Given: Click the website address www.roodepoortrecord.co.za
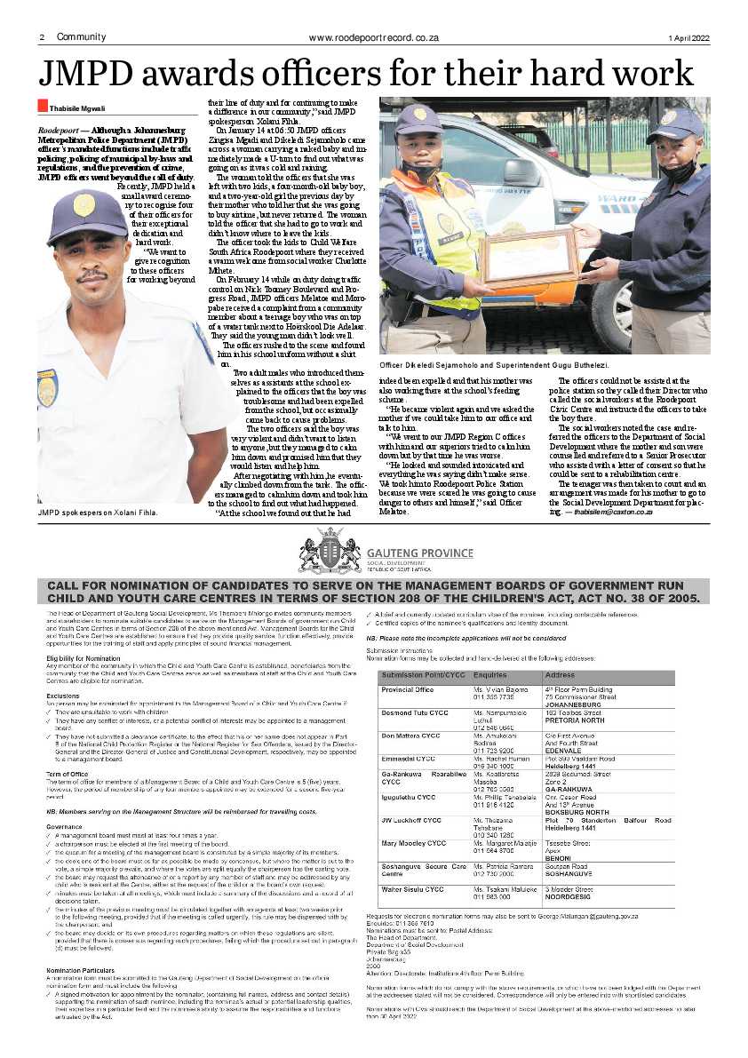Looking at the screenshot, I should [374, 37].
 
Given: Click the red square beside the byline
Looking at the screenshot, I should [42, 106].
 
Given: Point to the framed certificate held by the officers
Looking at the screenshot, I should [529, 257].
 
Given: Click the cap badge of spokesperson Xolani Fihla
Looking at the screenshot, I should [84, 205].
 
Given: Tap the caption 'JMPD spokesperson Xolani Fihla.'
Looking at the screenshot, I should [97, 513].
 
